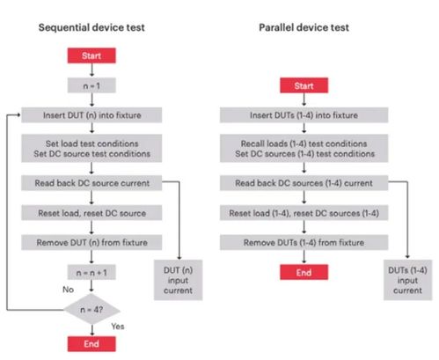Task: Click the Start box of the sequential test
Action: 91,55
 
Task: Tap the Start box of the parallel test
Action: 304,85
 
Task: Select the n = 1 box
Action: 91,85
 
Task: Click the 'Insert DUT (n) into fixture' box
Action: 91,115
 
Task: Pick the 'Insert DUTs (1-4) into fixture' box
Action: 304,115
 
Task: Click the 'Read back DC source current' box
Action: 91,183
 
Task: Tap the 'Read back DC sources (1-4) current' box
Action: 304,183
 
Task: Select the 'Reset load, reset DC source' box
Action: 91,213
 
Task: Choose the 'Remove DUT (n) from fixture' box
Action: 91,242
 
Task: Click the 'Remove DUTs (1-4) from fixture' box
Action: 304,242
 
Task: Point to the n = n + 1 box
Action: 91,272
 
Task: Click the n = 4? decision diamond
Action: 91,310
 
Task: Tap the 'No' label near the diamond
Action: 68,290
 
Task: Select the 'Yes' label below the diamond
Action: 118,327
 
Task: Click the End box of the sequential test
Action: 91,344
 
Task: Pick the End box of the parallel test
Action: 304,272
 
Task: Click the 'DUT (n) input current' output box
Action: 178,280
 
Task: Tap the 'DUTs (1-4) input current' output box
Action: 407,280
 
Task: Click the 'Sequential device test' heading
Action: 91,27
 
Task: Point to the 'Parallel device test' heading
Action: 304,27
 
